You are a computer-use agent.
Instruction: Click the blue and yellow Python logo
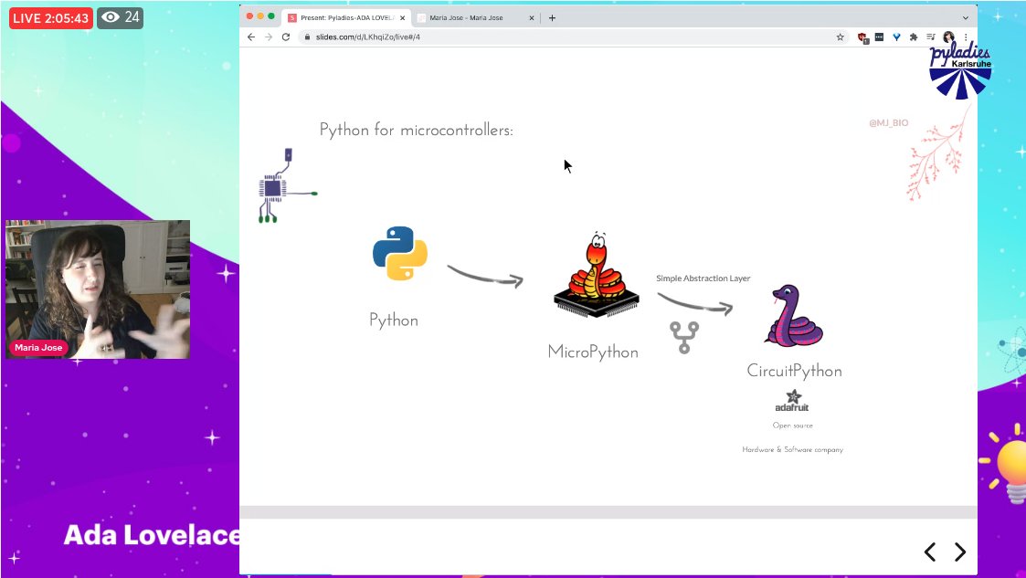coord(400,253)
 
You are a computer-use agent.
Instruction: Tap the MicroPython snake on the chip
coord(595,274)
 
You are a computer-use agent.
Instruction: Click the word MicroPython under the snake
coord(593,352)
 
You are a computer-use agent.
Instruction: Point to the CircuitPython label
coord(794,371)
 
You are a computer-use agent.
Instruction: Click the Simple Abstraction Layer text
coord(703,278)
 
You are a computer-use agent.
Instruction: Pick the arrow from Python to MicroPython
coord(484,275)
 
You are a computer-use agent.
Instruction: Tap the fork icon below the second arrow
coord(684,337)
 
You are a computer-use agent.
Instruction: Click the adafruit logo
coord(791,402)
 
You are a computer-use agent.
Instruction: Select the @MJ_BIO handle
coord(888,123)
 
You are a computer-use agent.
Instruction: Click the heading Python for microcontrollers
coord(417,130)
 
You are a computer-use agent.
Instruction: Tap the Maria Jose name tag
coord(38,348)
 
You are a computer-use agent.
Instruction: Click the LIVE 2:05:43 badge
coord(50,17)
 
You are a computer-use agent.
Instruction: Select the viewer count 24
coord(121,17)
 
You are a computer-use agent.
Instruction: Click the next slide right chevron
coord(959,552)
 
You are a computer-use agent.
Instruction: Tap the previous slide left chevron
coord(929,552)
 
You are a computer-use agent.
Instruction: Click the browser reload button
coord(286,37)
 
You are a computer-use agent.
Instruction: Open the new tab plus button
coord(552,17)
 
